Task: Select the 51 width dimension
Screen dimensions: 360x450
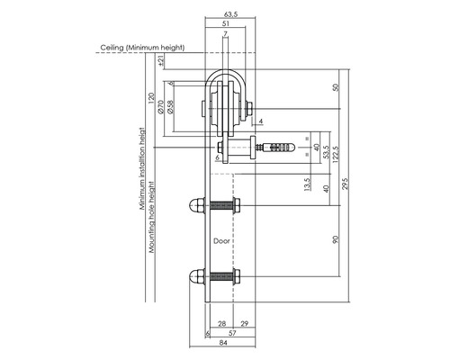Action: click(224, 24)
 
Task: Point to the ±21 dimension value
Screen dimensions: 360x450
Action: click(161, 61)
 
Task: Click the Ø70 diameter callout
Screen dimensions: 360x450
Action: click(158, 106)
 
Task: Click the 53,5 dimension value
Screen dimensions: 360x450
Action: click(325, 150)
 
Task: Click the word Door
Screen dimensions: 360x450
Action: click(223, 241)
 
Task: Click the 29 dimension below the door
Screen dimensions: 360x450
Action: click(244, 322)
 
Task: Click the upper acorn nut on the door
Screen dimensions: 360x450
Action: click(197, 206)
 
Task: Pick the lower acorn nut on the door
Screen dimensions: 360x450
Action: click(197, 275)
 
